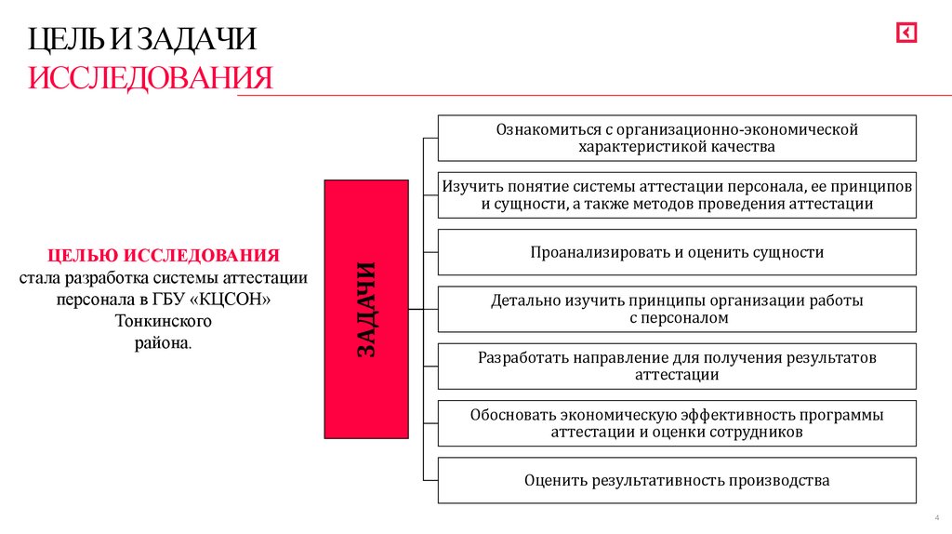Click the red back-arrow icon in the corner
(x=906, y=33)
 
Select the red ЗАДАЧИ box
(x=365, y=309)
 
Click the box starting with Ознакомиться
(x=676, y=138)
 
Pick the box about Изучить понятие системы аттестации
(x=676, y=194)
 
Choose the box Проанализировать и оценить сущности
(x=676, y=252)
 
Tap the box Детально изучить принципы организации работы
(x=676, y=309)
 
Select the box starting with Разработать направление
(x=676, y=366)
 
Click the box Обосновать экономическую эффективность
(x=676, y=423)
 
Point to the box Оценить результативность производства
(x=676, y=480)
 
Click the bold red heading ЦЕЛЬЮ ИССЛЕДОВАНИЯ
(x=164, y=255)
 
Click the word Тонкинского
(x=164, y=322)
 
